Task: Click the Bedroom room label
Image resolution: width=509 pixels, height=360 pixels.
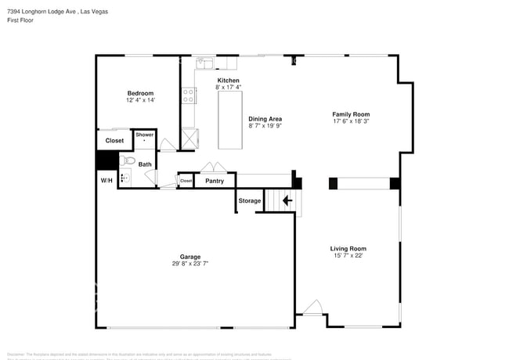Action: tap(140, 93)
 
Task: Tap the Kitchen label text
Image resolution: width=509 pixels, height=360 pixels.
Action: tap(228, 80)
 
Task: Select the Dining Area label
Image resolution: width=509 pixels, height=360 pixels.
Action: tap(265, 119)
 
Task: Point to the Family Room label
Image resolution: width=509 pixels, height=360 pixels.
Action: tap(350, 114)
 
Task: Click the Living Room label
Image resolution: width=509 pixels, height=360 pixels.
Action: tap(348, 248)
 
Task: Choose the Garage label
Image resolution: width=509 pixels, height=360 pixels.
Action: tap(190, 257)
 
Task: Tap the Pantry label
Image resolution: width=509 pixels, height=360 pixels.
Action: tap(214, 182)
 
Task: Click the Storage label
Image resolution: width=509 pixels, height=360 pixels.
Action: tap(250, 201)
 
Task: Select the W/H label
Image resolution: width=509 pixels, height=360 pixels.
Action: tap(106, 181)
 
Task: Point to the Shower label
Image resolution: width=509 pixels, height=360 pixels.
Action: tap(145, 135)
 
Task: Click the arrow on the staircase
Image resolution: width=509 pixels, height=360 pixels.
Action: tap(287, 200)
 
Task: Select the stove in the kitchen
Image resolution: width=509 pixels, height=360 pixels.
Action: tap(188, 95)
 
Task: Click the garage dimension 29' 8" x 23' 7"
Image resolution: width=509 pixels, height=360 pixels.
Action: tap(190, 264)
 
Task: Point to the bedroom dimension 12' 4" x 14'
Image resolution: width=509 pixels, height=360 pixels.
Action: tap(140, 100)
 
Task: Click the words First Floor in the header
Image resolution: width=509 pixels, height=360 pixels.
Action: tap(20, 20)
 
